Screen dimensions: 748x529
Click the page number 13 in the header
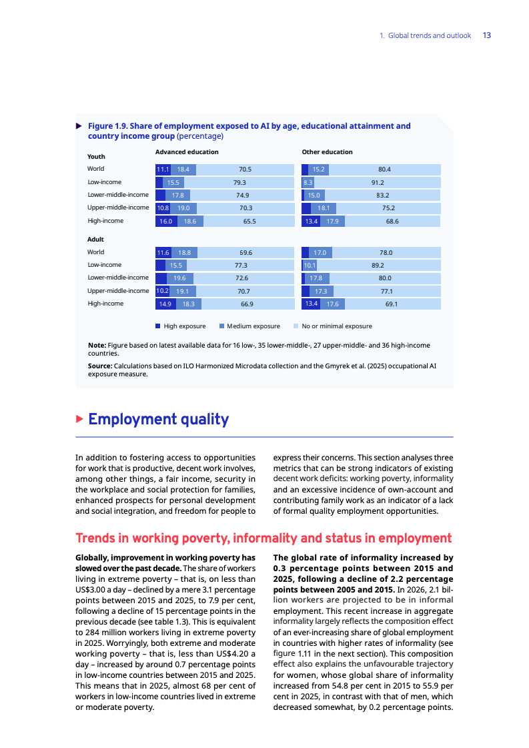point(487,35)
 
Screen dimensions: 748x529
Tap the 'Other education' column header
point(327,152)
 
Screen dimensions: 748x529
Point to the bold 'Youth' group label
point(96,156)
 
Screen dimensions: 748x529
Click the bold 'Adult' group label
point(95,239)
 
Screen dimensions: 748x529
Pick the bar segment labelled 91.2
point(377,182)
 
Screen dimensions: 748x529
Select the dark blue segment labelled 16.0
point(166,221)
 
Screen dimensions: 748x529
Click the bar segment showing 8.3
point(308,182)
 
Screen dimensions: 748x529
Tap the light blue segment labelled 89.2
point(378,265)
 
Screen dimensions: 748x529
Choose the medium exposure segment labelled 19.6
point(179,278)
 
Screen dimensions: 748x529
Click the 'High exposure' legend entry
point(181,326)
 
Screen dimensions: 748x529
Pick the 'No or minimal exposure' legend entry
point(333,326)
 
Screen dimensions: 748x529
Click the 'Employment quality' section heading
point(158,419)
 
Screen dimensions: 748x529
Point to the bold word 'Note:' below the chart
point(97,345)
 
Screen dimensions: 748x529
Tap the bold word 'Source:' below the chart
point(100,366)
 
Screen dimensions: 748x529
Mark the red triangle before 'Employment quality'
point(79,419)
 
